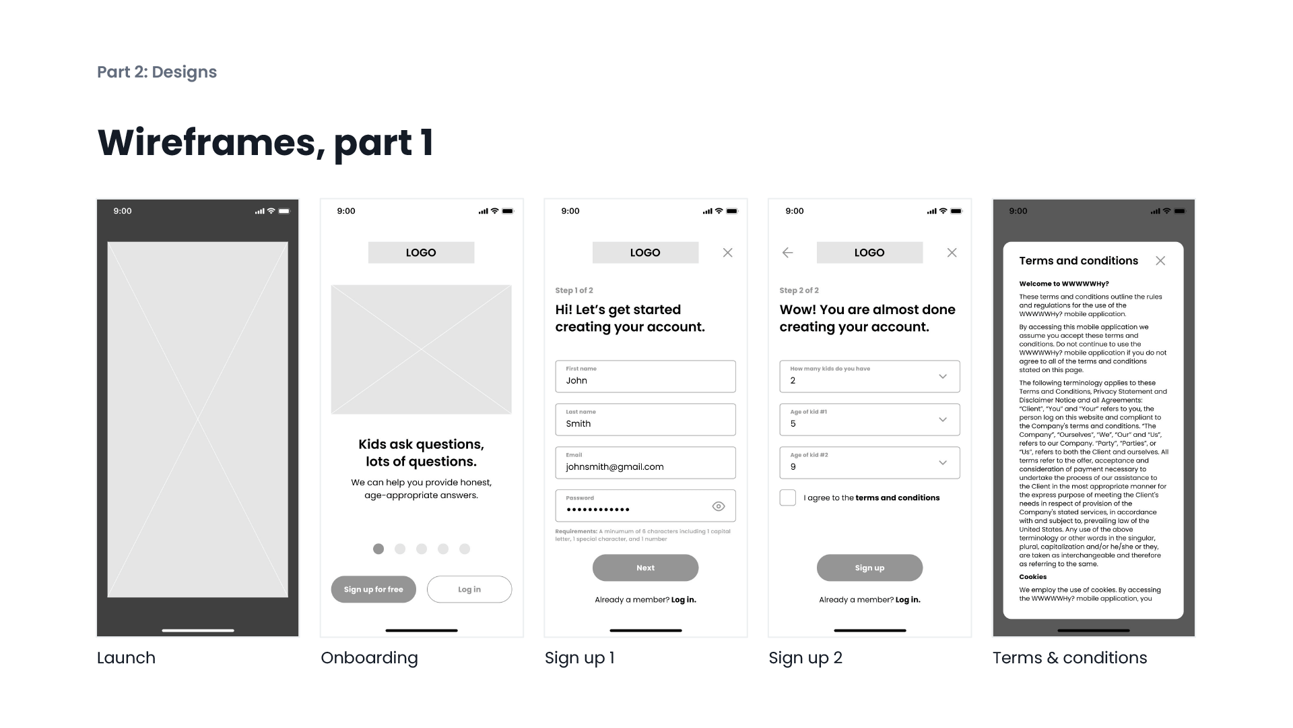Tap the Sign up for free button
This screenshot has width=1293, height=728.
pyautogui.click(x=373, y=589)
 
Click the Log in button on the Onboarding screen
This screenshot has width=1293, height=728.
pyautogui.click(x=469, y=589)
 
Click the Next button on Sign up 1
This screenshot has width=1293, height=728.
pyautogui.click(x=645, y=568)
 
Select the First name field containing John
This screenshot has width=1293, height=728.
pyautogui.click(x=645, y=376)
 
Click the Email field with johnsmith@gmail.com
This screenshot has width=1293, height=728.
pyautogui.click(x=645, y=462)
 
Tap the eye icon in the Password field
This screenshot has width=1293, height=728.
pyautogui.click(x=719, y=506)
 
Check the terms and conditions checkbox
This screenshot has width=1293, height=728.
pyautogui.click(x=787, y=497)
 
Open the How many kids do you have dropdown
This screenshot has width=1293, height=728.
pyautogui.click(x=869, y=376)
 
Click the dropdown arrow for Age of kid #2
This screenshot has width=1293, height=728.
pyautogui.click(x=943, y=462)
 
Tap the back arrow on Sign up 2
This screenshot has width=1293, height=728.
pyautogui.click(x=787, y=253)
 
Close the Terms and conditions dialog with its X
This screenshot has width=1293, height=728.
pyautogui.click(x=1160, y=261)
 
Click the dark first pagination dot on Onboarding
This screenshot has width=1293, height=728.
pyautogui.click(x=378, y=549)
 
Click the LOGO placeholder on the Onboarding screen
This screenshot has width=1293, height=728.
pyautogui.click(x=421, y=253)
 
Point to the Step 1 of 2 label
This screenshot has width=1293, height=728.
pyautogui.click(x=574, y=291)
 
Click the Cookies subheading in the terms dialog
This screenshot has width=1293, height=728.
pyautogui.click(x=1032, y=577)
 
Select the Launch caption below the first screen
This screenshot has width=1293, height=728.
pyautogui.click(x=126, y=658)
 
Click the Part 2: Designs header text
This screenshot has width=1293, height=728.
pyautogui.click(x=157, y=72)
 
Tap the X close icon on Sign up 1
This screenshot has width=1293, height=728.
pyautogui.click(x=727, y=253)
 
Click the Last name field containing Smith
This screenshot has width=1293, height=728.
pyautogui.click(x=645, y=419)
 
